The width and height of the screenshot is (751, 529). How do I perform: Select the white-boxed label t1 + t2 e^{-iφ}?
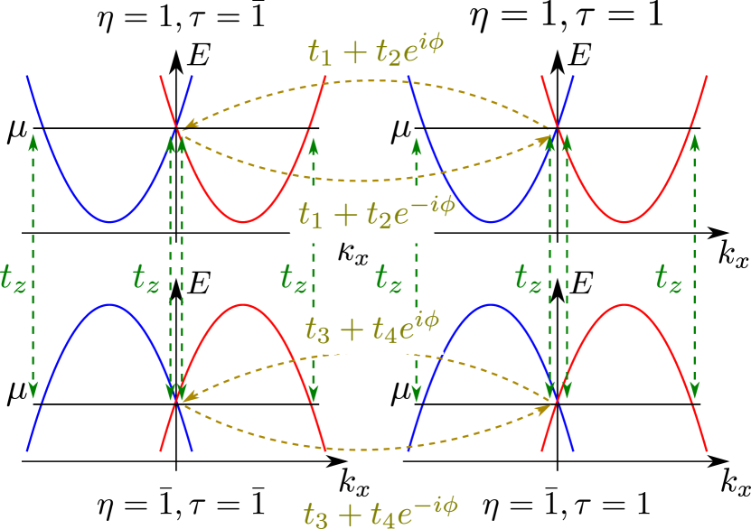pyautogui.click(x=361, y=215)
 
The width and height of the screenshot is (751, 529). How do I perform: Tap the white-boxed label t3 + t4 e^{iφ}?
pyautogui.click(x=371, y=329)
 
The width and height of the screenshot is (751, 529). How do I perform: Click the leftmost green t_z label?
pyautogui.click(x=14, y=279)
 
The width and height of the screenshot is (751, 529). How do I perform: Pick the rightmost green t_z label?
pyautogui.click(x=668, y=279)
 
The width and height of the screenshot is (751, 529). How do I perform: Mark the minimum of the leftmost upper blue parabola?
pyautogui.click(x=109, y=221)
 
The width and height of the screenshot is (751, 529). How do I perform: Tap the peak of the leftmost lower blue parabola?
pyautogui.click(x=109, y=304)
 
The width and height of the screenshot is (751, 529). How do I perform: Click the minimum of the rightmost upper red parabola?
pyautogui.click(x=624, y=221)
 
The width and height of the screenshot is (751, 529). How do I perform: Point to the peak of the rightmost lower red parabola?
pyautogui.click(x=624, y=304)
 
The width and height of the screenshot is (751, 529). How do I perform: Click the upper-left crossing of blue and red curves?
pyautogui.click(x=176, y=127)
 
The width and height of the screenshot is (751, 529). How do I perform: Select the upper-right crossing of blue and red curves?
pyautogui.click(x=558, y=127)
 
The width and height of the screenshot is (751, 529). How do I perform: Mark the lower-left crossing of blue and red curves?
pyautogui.click(x=176, y=398)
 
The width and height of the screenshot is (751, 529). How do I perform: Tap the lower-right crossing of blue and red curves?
pyautogui.click(x=558, y=398)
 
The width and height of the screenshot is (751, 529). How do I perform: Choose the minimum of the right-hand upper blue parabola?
pyautogui.click(x=491, y=221)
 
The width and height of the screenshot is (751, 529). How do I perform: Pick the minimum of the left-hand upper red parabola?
pyautogui.click(x=243, y=221)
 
